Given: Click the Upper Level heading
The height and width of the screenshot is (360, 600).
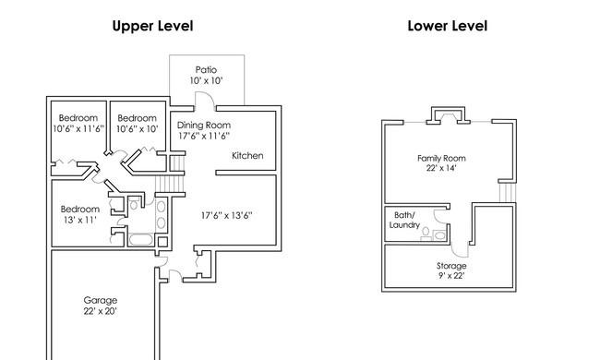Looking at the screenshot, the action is (152, 26).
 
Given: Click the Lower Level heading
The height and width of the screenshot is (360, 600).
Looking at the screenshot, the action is (448, 26).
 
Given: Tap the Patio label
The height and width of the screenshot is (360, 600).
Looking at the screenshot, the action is (206, 69).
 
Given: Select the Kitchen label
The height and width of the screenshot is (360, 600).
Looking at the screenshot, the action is (247, 156).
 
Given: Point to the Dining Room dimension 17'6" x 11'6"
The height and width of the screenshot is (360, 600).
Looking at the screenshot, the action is (204, 136).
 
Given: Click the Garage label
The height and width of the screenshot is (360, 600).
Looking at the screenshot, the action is (101, 301).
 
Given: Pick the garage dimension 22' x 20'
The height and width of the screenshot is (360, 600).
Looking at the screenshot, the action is (101, 311).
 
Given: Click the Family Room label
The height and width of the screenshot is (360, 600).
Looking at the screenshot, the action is (441, 158).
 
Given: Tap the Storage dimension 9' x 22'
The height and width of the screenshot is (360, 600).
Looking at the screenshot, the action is (451, 275).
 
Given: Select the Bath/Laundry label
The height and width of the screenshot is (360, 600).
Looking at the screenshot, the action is (404, 220).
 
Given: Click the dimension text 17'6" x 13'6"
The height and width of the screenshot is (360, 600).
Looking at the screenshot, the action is (226, 216).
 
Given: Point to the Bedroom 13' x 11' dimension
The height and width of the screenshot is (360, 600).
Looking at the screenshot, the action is (80, 220).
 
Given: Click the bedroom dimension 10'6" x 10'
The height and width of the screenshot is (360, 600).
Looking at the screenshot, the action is (137, 129).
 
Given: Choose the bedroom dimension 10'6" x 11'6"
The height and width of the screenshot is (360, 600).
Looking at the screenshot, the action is (78, 129).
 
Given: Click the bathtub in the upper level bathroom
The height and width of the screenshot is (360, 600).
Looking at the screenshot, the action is (141, 240).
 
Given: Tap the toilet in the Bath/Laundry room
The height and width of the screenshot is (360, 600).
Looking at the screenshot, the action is (426, 234).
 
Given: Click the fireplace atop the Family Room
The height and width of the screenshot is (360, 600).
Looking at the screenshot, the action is (448, 115).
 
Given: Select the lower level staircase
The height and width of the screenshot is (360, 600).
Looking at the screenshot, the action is (508, 192).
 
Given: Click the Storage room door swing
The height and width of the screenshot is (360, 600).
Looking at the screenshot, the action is (459, 250).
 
